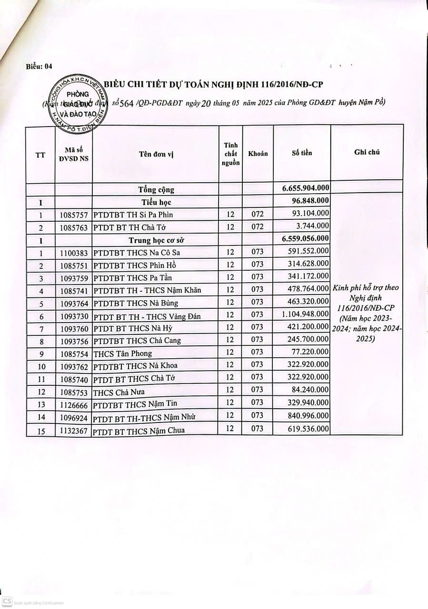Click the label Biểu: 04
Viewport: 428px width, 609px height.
point(39,67)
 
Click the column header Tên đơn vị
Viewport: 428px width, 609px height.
point(155,154)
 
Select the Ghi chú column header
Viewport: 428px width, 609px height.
point(367,152)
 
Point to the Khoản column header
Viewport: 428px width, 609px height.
point(258,154)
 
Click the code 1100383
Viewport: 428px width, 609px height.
point(73,253)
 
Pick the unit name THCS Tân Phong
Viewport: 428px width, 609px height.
point(122,353)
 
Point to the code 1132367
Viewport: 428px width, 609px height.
point(73,430)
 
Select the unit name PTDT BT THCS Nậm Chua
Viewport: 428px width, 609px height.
point(139,431)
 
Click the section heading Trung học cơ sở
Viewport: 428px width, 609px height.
point(156,240)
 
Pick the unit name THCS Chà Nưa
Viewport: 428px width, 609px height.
point(119,393)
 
